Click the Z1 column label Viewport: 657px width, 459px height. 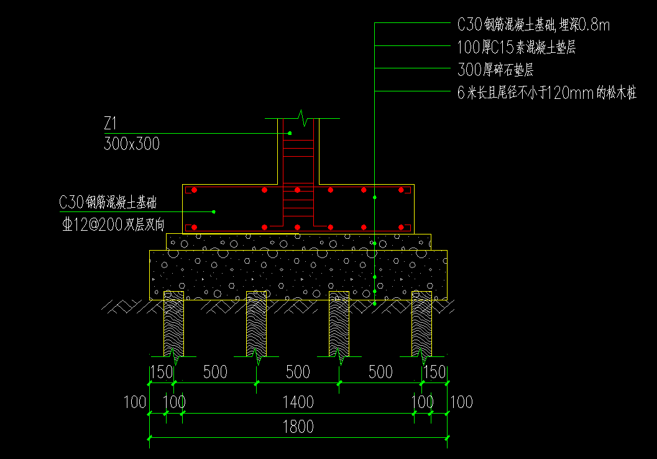coord(111,123)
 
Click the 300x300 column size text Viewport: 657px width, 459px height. coord(132,144)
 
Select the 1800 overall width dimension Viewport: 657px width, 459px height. coord(298,427)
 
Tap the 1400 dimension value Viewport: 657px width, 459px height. coord(298,402)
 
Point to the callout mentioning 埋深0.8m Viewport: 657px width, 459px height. coord(533,25)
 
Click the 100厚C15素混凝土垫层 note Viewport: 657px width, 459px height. coord(517,47)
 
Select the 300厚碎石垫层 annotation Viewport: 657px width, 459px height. coord(495,70)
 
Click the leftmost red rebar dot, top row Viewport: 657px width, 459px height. coord(195,190)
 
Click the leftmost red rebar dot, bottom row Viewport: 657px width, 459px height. coord(195,227)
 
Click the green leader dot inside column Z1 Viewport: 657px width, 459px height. coord(290,133)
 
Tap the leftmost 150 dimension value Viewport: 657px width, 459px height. coord(162,373)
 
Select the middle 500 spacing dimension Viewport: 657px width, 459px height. coord(298,373)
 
